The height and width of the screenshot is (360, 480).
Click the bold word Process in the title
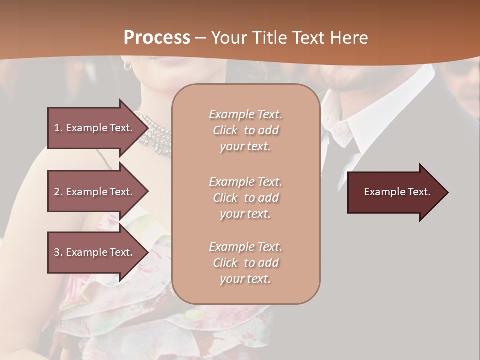click(x=157, y=37)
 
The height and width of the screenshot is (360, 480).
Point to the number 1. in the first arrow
click(x=58, y=128)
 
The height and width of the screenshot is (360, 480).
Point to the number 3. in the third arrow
click(x=58, y=252)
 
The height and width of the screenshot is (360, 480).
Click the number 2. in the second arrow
click(x=58, y=192)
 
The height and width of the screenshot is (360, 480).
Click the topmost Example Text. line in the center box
click(x=245, y=114)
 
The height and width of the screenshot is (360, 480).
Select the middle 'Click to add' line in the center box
click(x=245, y=198)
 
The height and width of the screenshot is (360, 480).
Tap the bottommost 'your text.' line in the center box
click(x=245, y=279)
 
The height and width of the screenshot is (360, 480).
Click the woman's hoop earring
click(x=128, y=65)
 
